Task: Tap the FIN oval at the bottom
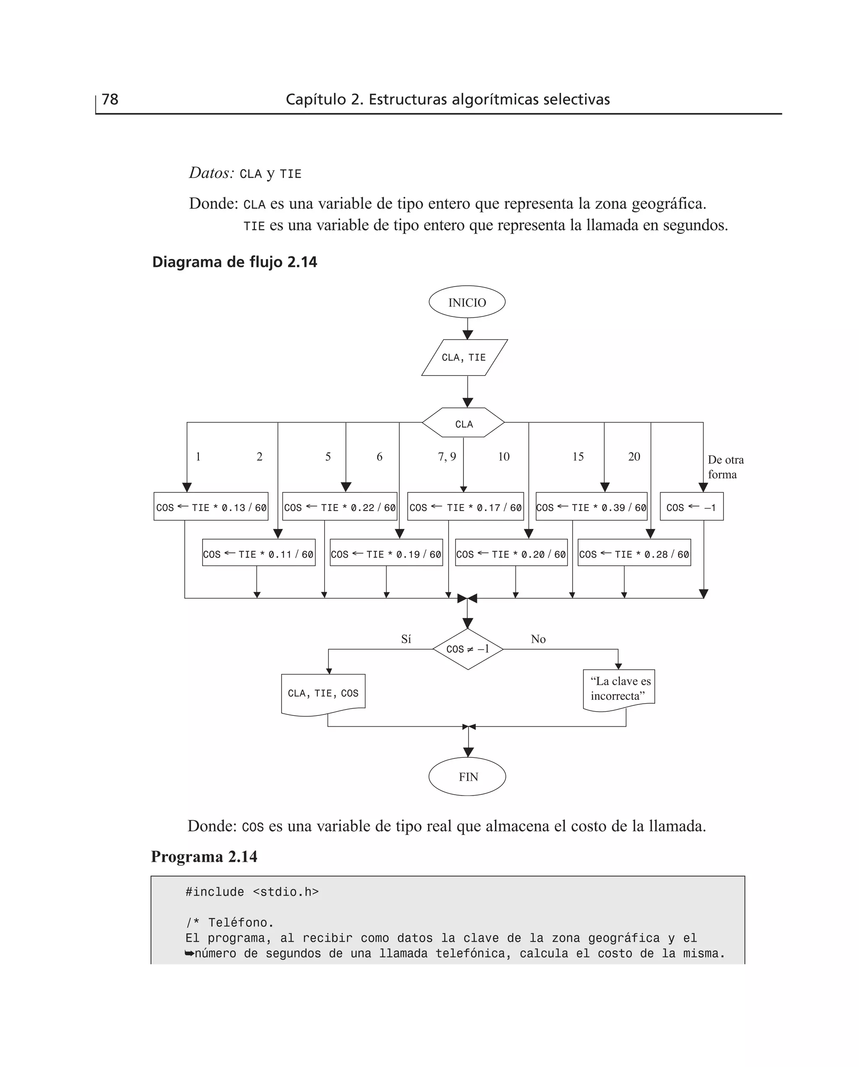click(x=467, y=777)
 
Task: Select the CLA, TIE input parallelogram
click(x=464, y=357)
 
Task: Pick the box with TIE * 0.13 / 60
click(x=211, y=507)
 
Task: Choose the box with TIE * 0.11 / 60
click(x=258, y=553)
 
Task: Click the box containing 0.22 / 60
click(x=339, y=507)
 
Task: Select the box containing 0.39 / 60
click(x=591, y=507)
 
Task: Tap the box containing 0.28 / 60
click(x=634, y=553)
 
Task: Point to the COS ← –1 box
click(x=691, y=507)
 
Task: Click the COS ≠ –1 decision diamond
click(x=468, y=649)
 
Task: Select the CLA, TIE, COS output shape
click(x=323, y=693)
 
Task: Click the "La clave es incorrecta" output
click(x=620, y=689)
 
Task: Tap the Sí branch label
click(x=406, y=639)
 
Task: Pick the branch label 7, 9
click(x=446, y=456)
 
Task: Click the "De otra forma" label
click(x=725, y=467)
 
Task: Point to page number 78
click(x=110, y=99)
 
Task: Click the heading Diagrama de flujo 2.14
click(x=234, y=262)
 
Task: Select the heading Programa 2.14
click(x=204, y=856)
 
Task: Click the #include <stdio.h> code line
click(x=252, y=892)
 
